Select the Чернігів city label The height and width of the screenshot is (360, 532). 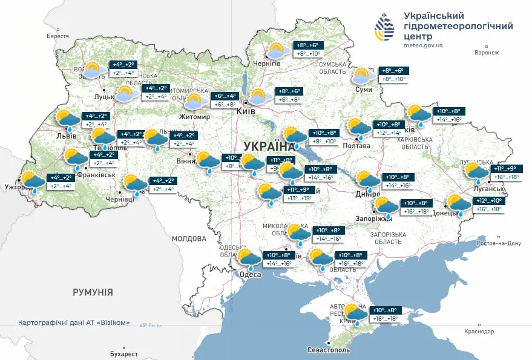click(x=266, y=64)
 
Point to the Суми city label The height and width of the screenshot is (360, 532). click(x=363, y=90)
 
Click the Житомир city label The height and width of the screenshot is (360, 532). click(x=194, y=117)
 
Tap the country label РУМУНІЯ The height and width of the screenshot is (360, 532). click(x=93, y=292)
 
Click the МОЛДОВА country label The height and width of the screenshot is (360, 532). click(x=189, y=238)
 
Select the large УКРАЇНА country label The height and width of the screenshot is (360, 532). click(x=269, y=146)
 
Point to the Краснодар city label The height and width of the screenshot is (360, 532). click(x=479, y=332)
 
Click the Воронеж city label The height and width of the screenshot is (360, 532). click(x=487, y=53)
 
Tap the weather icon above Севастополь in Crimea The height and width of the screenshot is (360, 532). click(x=355, y=313)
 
